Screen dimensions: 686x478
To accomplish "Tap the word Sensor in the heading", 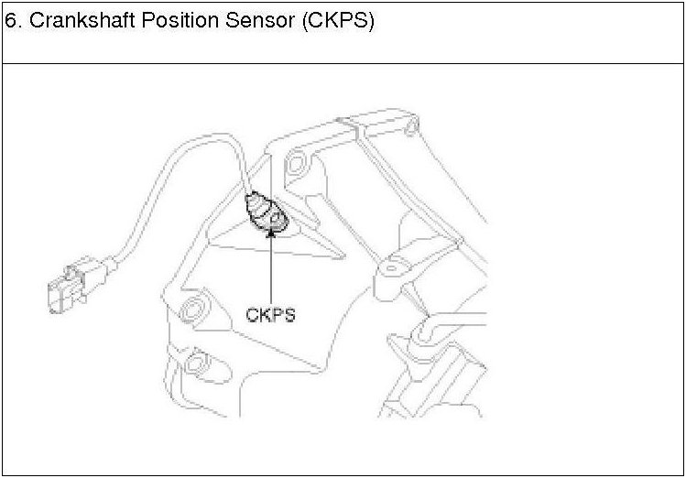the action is [251, 23].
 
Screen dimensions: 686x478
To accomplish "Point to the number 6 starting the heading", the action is [10, 23].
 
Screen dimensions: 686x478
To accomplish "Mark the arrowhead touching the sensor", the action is [271, 233].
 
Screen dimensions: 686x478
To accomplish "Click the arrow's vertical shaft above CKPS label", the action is [271, 270].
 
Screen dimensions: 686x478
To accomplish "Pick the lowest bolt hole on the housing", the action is [194, 365].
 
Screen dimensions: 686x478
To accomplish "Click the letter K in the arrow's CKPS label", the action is [264, 314].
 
